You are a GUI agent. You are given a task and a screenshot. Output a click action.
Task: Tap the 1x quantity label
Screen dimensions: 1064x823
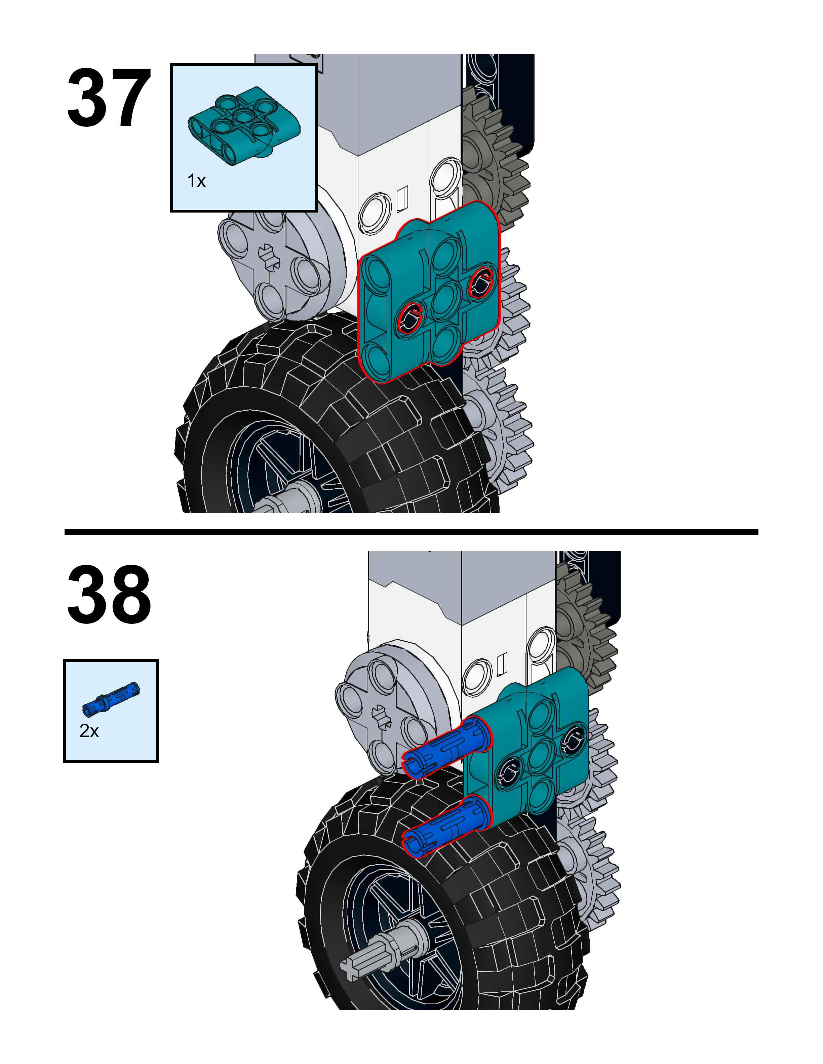pos(196,181)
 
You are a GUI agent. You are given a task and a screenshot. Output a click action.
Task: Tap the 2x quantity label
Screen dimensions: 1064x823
pos(89,731)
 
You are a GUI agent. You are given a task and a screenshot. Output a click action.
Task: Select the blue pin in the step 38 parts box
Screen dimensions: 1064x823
pos(111,699)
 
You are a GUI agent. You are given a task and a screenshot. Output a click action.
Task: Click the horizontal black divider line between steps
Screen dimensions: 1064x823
pos(411,532)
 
